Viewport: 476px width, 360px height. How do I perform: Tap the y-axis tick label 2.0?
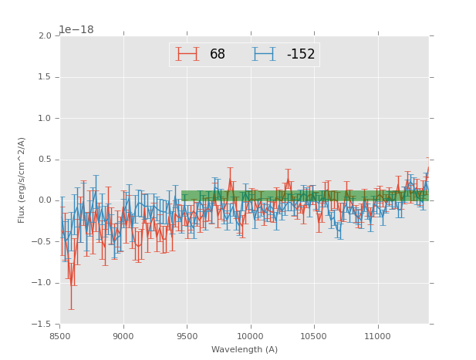pos(44,36)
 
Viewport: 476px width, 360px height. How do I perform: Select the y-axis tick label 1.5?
pos(44,77)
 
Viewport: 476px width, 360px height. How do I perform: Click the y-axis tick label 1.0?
pos(44,119)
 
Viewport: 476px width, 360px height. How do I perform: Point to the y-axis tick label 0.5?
pos(44,160)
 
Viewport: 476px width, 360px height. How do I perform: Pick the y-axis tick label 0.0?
pos(44,200)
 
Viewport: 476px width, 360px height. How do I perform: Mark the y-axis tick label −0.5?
pos(42,242)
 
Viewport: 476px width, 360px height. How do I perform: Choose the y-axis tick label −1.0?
pos(42,283)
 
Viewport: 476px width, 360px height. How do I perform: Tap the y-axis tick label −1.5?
pos(42,324)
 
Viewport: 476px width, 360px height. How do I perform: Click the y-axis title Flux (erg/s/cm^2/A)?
pos(22,180)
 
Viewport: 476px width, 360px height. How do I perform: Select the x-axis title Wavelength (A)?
pos(245,350)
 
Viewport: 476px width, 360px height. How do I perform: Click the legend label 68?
pos(218,55)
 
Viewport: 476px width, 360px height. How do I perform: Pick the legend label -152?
pos(301,55)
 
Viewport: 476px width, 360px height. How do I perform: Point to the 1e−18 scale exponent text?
pos(76,29)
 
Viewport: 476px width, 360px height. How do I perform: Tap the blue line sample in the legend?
pos(264,54)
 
